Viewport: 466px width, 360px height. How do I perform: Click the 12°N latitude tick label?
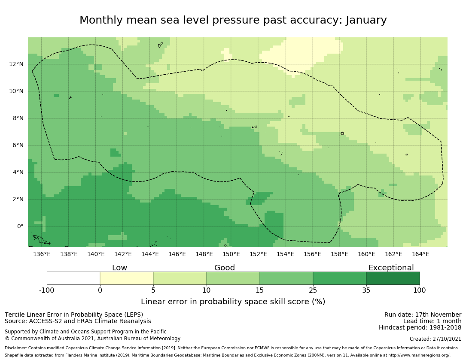click(x=17, y=64)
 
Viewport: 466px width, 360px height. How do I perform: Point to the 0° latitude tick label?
click(x=20, y=227)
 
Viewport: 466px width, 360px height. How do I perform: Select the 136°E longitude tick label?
click(x=42, y=254)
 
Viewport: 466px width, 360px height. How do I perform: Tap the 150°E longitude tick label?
click(x=231, y=254)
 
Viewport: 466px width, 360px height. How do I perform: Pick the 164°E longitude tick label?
click(x=420, y=254)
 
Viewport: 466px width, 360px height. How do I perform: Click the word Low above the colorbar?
click(x=119, y=268)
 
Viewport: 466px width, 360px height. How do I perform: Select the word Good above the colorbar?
click(x=225, y=268)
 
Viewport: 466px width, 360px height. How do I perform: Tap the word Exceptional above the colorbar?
click(x=391, y=268)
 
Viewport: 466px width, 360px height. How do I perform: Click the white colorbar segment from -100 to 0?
click(x=73, y=278)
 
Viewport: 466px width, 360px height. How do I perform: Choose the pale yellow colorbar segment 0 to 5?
click(x=127, y=278)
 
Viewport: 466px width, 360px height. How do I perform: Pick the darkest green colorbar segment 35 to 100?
click(x=393, y=278)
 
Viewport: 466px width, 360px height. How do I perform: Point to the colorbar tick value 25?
click(x=313, y=290)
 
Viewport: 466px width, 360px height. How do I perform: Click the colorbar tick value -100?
click(x=47, y=290)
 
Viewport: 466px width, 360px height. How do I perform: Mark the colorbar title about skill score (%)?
click(x=233, y=302)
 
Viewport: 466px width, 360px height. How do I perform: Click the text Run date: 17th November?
click(x=423, y=315)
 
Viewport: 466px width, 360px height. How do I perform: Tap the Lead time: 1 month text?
click(x=432, y=321)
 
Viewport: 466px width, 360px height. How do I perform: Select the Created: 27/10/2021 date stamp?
click(x=436, y=339)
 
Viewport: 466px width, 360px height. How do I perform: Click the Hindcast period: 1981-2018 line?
click(x=420, y=328)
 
